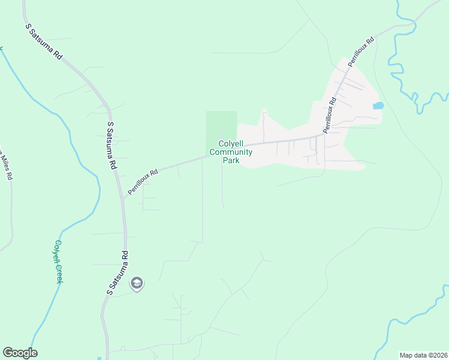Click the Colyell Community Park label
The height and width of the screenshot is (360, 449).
tap(231, 152)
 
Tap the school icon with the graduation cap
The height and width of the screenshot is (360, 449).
tap(137, 283)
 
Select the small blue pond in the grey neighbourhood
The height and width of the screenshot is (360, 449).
tap(378, 106)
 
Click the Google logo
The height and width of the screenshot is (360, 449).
tap(20, 353)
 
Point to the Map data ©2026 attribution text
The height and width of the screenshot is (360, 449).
tap(423, 355)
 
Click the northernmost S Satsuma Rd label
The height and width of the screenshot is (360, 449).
tap(44, 41)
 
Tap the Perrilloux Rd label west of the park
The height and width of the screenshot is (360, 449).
tap(142, 181)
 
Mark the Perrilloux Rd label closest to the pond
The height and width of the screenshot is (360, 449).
tap(330, 116)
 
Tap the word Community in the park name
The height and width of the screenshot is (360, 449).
tap(231, 152)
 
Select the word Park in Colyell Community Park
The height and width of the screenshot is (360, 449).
tap(231, 160)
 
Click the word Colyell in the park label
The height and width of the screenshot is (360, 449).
tap(231, 144)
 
